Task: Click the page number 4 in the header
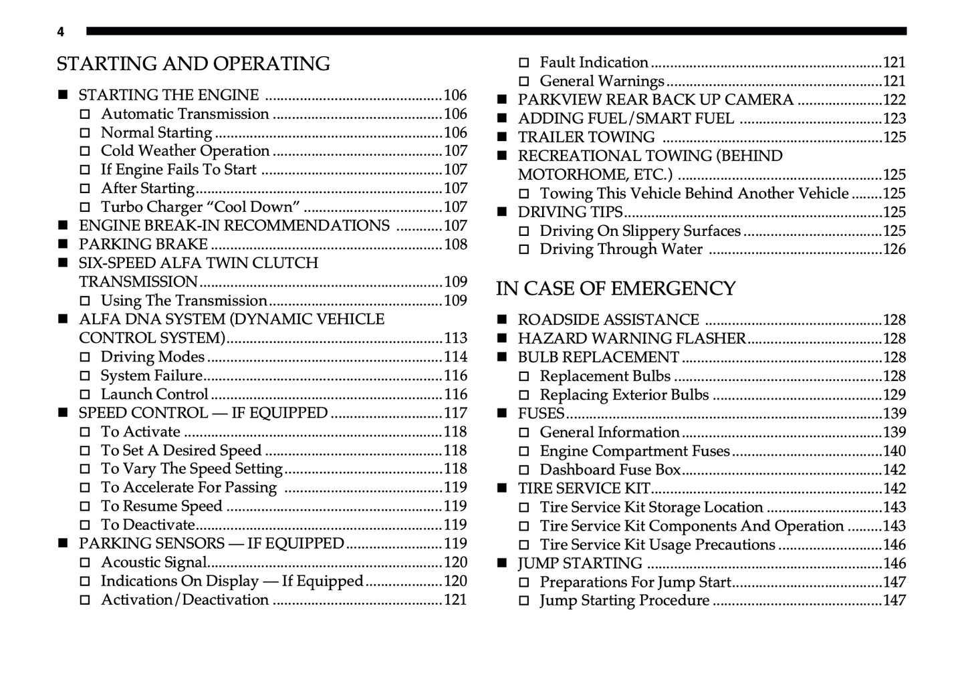pos(61,32)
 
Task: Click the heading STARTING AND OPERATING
pos(193,64)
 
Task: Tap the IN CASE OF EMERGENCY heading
pos(615,289)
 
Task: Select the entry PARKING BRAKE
pos(143,245)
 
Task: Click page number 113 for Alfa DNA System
pos(455,338)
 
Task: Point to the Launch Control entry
pos(154,394)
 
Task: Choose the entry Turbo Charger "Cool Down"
pos(200,207)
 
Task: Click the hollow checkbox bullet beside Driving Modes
pos(85,358)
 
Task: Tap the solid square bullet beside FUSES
pos(502,414)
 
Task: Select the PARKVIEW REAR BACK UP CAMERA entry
pos(655,100)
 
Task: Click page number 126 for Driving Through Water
pos(894,250)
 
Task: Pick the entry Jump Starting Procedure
pos(624,601)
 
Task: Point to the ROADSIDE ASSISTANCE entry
pos(608,320)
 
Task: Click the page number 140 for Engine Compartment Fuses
pos(894,452)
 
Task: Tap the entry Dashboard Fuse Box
pos(610,470)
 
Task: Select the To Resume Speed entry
pos(161,507)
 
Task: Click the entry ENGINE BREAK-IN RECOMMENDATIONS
pos(234,226)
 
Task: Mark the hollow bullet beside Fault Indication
pos(524,63)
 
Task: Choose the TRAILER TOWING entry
pos(586,138)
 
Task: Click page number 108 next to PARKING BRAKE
pos(455,245)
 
